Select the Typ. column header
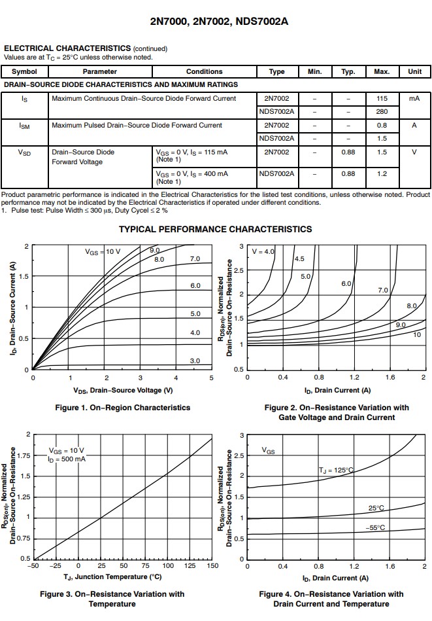point(348,71)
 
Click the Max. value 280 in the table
point(382,111)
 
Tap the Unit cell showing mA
point(414,98)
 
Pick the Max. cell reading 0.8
point(382,125)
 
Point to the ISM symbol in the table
point(24,126)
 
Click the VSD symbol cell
point(24,152)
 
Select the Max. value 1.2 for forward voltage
point(382,173)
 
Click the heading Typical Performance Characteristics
point(215,229)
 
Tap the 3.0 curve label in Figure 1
point(195,361)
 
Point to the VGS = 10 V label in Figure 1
point(103,251)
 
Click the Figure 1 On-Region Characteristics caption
point(122,408)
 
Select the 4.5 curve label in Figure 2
point(299,258)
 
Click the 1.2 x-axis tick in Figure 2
point(354,378)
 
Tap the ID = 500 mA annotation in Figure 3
point(66,459)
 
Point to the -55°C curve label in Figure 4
point(374,527)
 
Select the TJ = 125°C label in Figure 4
point(336,470)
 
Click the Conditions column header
point(204,71)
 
